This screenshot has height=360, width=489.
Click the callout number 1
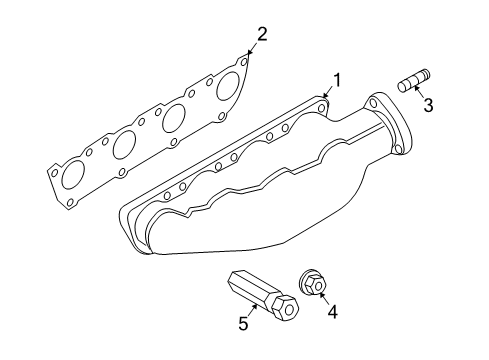[337, 80]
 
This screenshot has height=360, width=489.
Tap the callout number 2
[262, 34]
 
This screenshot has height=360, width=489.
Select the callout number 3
[428, 105]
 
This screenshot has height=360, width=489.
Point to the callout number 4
[332, 312]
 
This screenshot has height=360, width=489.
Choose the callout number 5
[243, 323]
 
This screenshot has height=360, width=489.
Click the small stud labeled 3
[414, 81]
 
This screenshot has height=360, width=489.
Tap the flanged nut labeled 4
[312, 283]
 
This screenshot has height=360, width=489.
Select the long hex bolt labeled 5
[263, 296]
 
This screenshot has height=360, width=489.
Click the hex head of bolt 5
[285, 309]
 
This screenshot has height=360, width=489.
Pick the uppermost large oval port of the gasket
[228, 86]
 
